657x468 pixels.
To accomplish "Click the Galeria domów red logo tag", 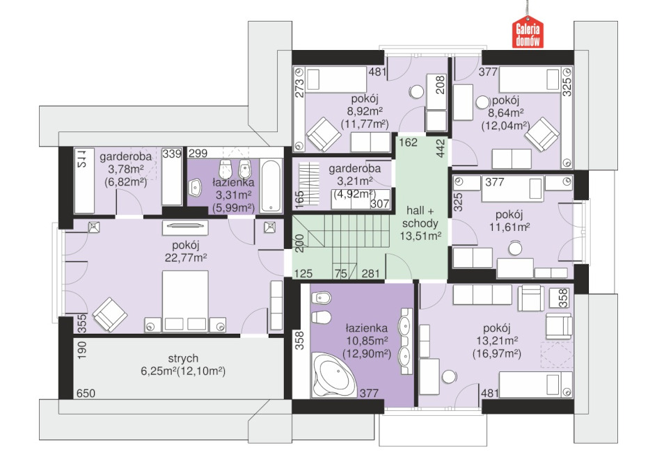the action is (x=528, y=32).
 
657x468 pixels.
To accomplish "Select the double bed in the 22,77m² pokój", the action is (x=185, y=301).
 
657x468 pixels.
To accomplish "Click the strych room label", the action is (x=183, y=358).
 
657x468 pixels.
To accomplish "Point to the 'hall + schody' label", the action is (x=420, y=217).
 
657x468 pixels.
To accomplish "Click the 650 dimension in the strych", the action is (x=86, y=393).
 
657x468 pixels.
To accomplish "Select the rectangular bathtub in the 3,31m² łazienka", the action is (x=271, y=184).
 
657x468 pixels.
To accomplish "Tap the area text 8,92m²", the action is (x=365, y=111).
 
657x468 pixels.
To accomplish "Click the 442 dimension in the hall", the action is (x=441, y=149).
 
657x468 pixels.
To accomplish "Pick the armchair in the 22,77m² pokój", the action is (x=110, y=315).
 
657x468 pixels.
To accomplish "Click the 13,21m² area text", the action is (x=497, y=341).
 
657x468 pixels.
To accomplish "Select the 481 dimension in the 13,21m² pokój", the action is (x=490, y=393).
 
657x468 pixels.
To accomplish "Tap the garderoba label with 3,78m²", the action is (x=126, y=157).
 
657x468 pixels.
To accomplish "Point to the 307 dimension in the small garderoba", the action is (x=380, y=204).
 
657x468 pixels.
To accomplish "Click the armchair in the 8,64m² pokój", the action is (x=542, y=134).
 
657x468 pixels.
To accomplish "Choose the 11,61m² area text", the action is (x=509, y=227).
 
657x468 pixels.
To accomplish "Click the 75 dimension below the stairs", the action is (x=341, y=273).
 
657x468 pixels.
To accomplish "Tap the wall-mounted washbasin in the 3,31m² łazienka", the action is (x=196, y=188).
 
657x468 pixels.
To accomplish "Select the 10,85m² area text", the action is (x=367, y=341).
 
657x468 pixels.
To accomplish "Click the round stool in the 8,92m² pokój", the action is (x=418, y=91).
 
